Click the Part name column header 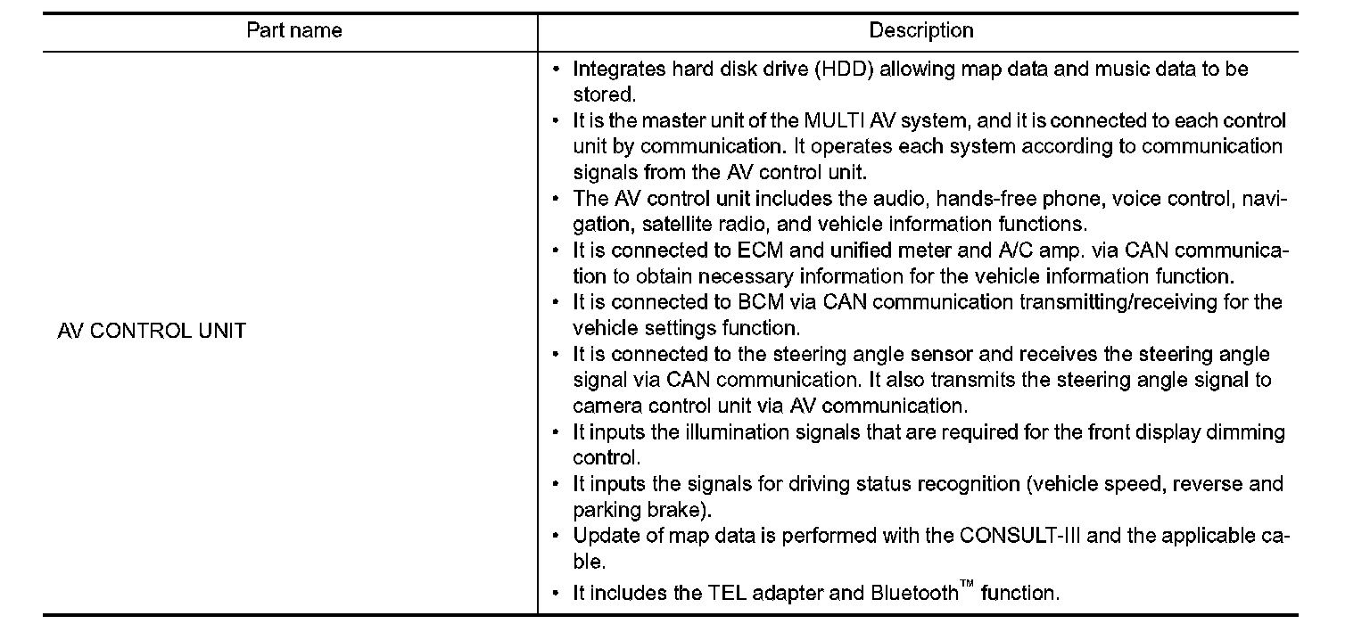tap(293, 31)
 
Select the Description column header tap(921, 31)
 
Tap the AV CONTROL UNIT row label tap(151, 332)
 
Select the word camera tap(605, 406)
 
